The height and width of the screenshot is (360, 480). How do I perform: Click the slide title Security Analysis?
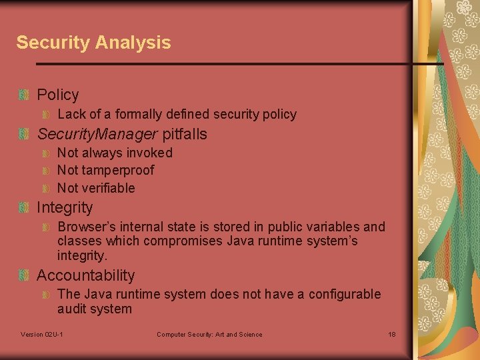93,43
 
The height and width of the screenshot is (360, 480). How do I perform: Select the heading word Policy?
58,95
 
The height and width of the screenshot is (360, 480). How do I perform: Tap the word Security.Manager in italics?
97,134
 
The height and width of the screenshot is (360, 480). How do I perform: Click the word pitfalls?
185,134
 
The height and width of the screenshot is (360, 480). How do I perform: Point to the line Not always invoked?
115,153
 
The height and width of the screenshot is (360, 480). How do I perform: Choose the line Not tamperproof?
105,170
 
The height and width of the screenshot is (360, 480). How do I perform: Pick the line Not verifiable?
96,188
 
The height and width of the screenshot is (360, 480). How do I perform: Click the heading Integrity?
65,207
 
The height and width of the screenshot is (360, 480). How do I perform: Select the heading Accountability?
85,275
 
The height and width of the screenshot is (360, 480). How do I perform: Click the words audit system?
95,309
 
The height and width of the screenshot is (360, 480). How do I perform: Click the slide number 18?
392,334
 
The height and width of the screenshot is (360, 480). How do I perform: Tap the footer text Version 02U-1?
42,334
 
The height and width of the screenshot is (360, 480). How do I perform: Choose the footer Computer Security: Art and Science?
209,334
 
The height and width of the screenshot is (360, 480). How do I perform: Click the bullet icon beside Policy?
24,95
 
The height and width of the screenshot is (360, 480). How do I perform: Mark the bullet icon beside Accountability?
24,275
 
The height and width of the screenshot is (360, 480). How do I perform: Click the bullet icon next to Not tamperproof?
46,171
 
